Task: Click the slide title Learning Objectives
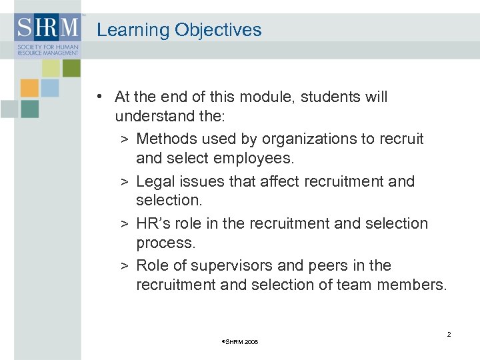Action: point(179,30)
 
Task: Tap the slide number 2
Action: point(449,334)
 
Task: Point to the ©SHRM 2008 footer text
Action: point(239,342)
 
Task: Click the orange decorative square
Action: point(29,88)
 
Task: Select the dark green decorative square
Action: point(71,68)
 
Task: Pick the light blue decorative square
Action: point(50,88)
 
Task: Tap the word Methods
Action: point(163,139)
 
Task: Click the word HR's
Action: point(154,223)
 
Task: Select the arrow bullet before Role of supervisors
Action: point(125,266)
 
